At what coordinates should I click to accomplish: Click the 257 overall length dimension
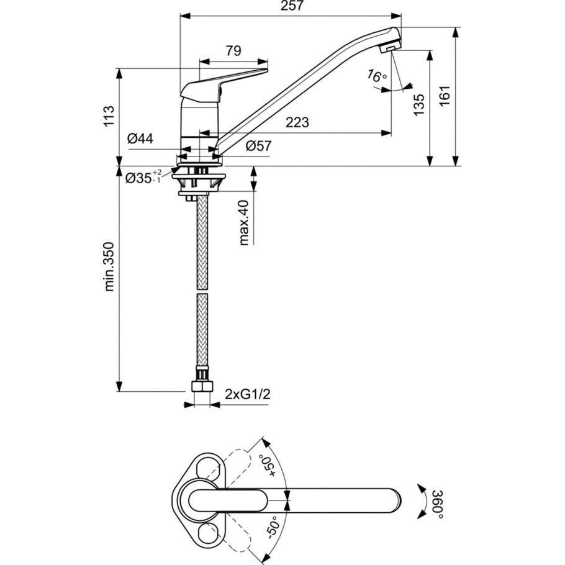point(292,6)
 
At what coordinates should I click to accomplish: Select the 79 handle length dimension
point(233,51)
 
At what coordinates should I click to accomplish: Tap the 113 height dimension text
point(109,115)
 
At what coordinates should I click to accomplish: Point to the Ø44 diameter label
point(140,138)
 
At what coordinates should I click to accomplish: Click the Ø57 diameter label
point(259,146)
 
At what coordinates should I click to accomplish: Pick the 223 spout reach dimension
point(297,122)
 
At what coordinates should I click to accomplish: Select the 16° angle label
point(376,75)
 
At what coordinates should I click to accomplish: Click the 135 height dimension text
point(419,105)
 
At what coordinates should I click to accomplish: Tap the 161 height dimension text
point(445,96)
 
